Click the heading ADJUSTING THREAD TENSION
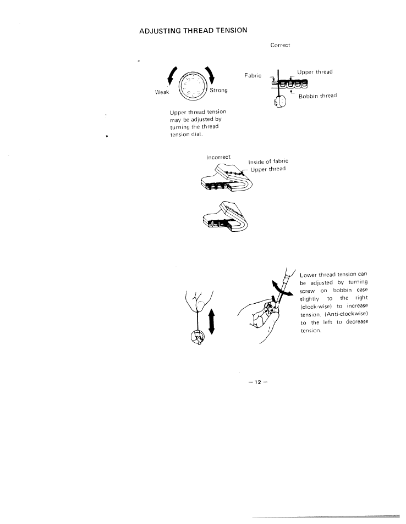click(194, 30)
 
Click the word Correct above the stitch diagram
click(280, 45)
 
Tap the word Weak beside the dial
click(162, 92)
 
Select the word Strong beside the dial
click(220, 90)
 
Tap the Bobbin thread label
click(317, 97)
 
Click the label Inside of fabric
click(268, 161)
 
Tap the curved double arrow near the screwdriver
click(281, 289)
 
